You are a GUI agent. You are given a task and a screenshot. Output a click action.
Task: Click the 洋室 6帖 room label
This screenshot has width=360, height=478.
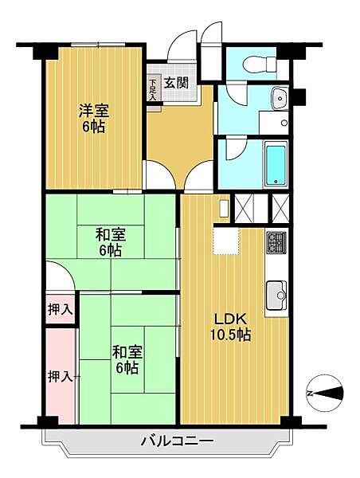coord(92,119)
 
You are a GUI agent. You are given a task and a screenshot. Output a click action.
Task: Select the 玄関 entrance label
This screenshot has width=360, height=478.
coord(176,81)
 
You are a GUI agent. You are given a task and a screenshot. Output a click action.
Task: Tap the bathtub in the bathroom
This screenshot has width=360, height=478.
coord(275,163)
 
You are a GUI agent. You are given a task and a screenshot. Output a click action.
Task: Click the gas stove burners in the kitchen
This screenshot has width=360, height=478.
coord(276,241)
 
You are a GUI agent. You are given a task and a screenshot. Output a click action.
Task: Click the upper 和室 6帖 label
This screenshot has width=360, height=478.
coord(109,242)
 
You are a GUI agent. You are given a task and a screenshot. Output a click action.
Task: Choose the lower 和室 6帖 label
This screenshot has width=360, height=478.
coord(125,358)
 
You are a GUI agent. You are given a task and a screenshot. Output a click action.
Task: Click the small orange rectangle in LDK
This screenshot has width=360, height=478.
coord(224,206)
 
